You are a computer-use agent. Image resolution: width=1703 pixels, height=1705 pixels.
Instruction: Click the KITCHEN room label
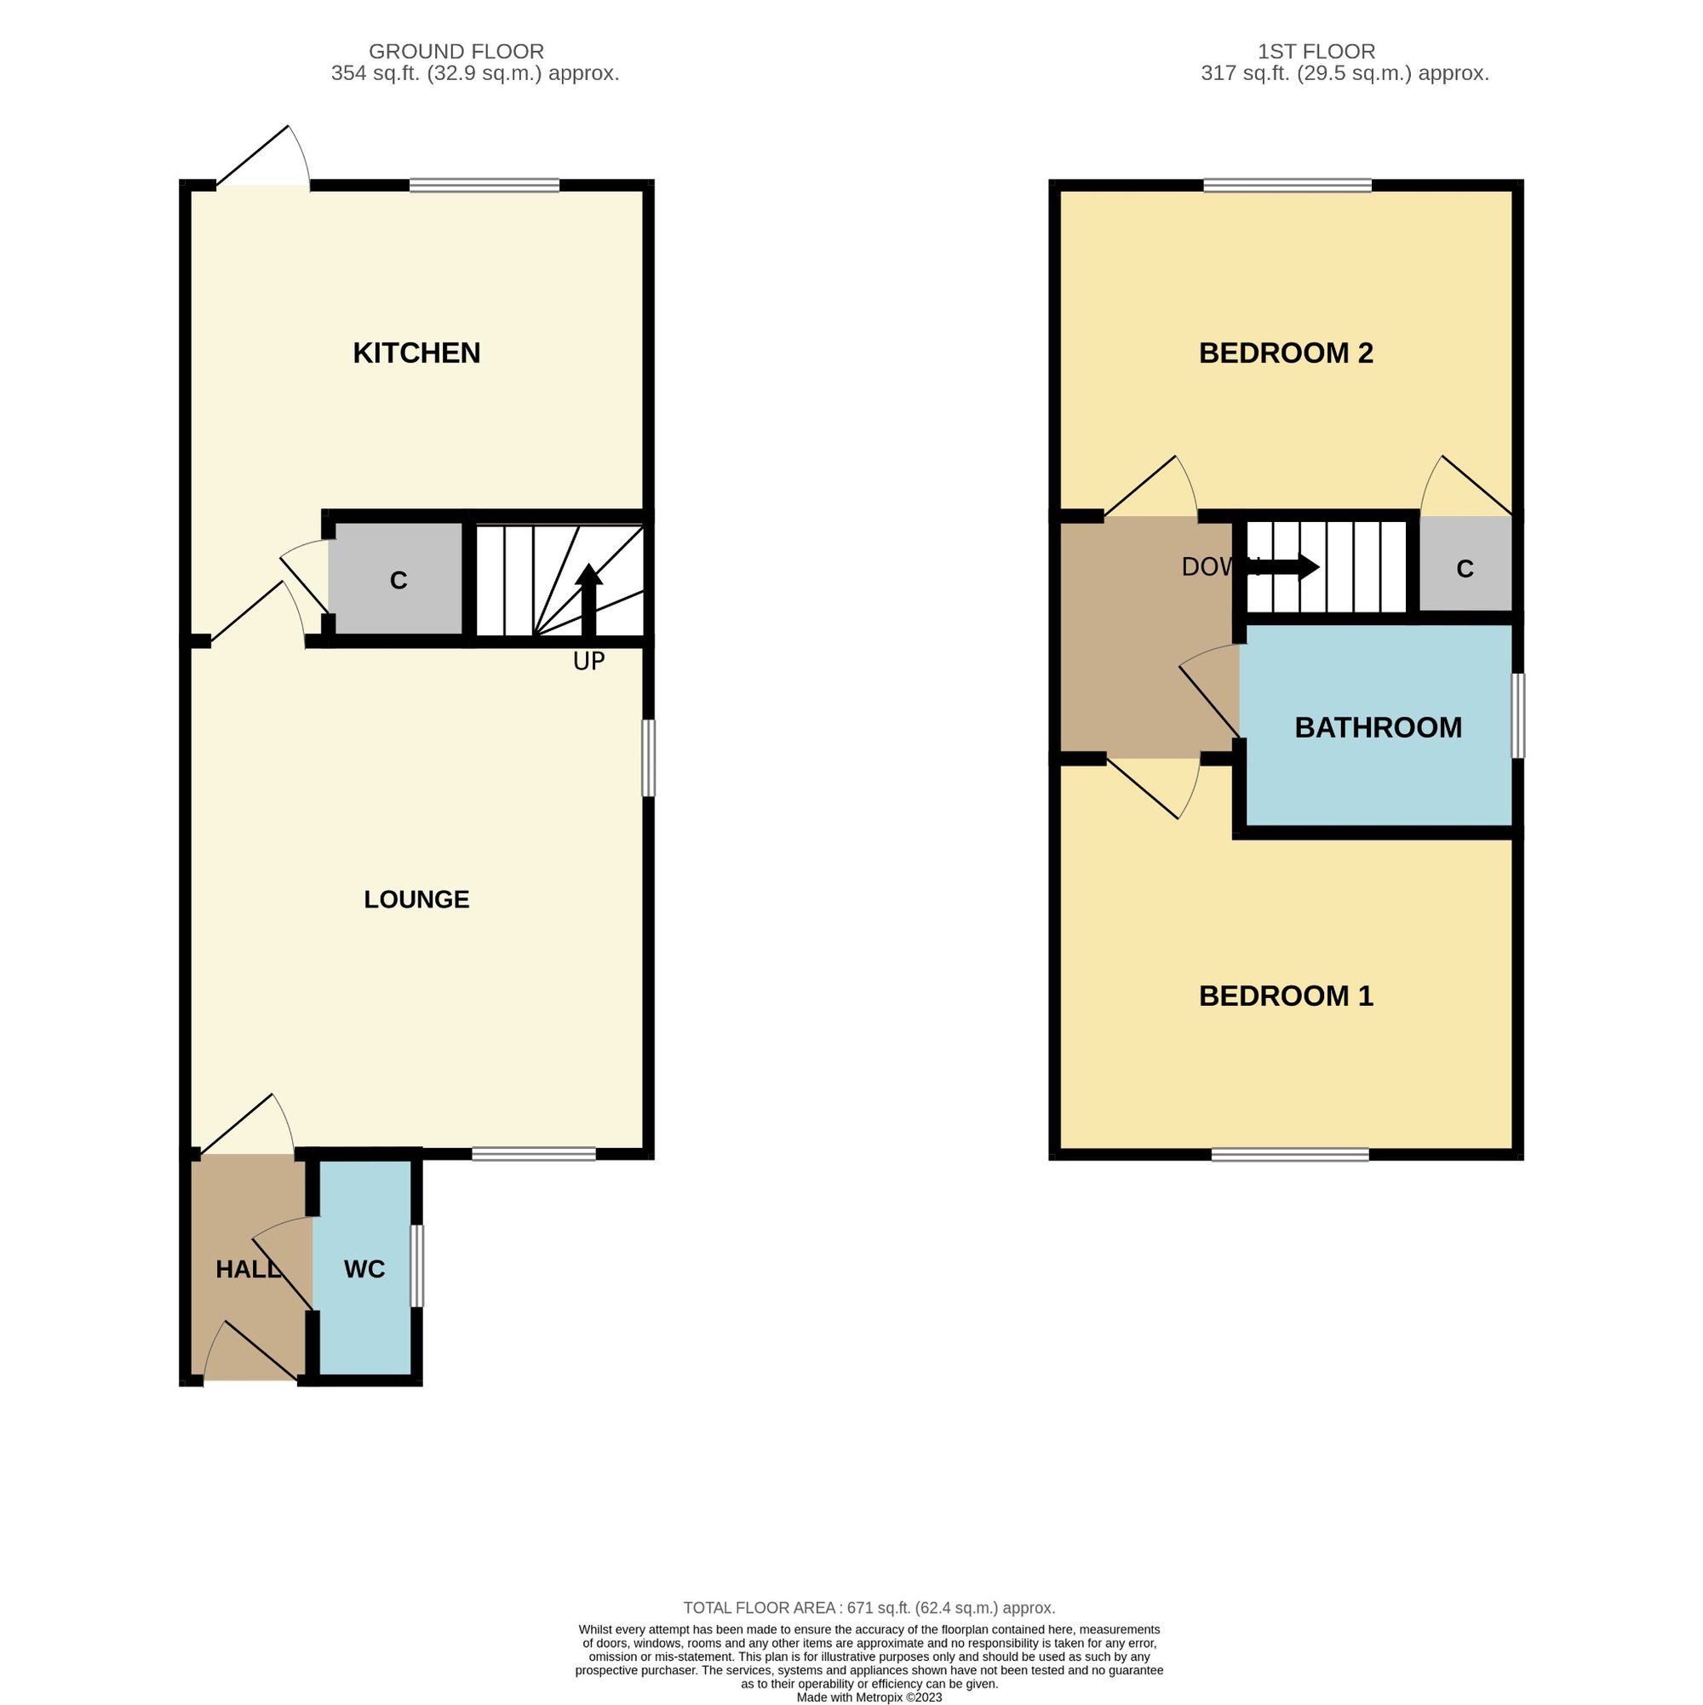tap(416, 353)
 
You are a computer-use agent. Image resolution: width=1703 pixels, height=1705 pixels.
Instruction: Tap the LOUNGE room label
tap(416, 899)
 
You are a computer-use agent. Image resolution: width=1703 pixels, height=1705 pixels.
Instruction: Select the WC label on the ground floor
tap(364, 1269)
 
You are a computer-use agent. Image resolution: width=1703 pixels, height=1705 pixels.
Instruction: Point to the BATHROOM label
tap(1379, 727)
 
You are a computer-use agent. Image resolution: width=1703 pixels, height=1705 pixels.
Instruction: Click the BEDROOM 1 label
tap(1286, 996)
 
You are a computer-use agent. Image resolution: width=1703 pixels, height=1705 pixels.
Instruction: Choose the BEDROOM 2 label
tap(1286, 353)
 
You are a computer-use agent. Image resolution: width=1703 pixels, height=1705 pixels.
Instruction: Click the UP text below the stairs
tap(588, 661)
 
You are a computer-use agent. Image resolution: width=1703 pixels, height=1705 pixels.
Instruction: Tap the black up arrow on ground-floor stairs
tap(588, 600)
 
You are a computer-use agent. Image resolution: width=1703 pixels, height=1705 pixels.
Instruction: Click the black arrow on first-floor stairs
tap(1284, 566)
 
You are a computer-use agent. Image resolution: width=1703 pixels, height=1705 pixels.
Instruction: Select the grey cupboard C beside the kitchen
tap(399, 579)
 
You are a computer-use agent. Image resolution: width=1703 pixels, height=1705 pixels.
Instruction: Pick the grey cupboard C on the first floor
tap(1465, 564)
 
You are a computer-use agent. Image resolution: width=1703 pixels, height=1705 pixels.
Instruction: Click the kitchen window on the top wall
tap(485, 186)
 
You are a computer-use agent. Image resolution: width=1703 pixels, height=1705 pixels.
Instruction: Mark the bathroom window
tap(1517, 715)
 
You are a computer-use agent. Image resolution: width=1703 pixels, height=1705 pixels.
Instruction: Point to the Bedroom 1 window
tap(1290, 1154)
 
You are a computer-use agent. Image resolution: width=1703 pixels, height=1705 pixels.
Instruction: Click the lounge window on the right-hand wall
tap(649, 757)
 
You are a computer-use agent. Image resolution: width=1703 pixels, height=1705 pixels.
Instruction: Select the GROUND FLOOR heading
tap(456, 52)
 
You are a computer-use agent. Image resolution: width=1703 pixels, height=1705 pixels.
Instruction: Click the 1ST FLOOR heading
tap(1316, 52)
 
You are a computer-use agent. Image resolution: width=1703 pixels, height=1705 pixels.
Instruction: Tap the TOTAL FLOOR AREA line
tap(869, 1608)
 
